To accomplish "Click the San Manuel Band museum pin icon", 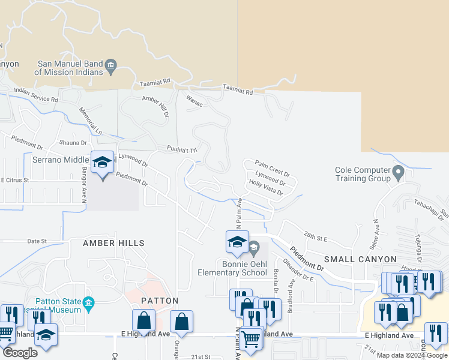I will (111, 65).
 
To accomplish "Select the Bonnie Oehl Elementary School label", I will (232, 268).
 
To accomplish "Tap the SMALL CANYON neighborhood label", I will (360, 259).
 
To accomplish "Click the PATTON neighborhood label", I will (160, 300).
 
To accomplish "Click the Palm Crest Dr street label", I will (272, 166).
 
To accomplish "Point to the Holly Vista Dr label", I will (266, 188).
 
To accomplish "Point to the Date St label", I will (37, 241).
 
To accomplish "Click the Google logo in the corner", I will (20, 352).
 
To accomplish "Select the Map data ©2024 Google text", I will (411, 355).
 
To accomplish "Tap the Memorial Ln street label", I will (90, 121).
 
